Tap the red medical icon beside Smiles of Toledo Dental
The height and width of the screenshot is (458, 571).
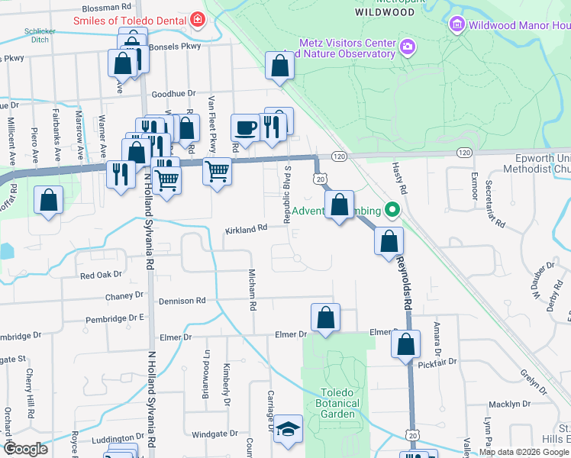pyautogui.click(x=198, y=18)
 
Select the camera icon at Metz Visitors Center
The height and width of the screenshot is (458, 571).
pyautogui.click(x=407, y=48)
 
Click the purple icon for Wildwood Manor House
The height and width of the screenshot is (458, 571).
pyautogui.click(x=457, y=25)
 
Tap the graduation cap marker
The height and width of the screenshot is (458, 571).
pyautogui.click(x=289, y=430)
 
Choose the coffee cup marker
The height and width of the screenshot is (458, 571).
pyautogui.click(x=245, y=127)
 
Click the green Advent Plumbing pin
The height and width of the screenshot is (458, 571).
pyautogui.click(x=392, y=208)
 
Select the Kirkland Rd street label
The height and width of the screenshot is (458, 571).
pyautogui.click(x=246, y=228)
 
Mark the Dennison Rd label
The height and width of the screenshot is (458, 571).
pyautogui.click(x=182, y=301)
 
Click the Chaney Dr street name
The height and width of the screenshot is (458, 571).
pyautogui.click(x=124, y=295)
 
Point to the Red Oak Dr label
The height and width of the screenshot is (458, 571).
pyautogui.click(x=101, y=275)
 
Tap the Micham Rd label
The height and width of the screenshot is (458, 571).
pyautogui.click(x=251, y=289)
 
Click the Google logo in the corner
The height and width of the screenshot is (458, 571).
pyautogui.click(x=25, y=449)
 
